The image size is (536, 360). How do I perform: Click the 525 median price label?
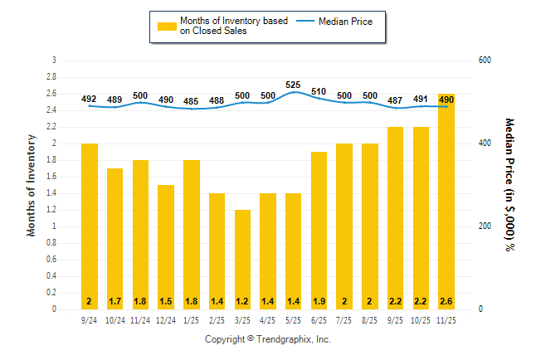(x=294, y=85)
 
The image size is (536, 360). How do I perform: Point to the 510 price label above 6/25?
(x=319, y=91)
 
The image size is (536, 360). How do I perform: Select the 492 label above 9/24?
(x=89, y=100)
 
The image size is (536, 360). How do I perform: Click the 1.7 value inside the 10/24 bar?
(x=115, y=300)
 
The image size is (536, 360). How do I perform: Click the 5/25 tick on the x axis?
(x=294, y=319)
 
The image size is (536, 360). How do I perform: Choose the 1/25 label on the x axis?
(x=191, y=319)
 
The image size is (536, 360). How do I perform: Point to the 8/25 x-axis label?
(x=371, y=319)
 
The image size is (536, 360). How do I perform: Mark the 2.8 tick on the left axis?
(x=52, y=77)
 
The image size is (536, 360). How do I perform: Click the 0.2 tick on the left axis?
(x=52, y=293)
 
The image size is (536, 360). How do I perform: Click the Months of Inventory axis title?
(x=32, y=184)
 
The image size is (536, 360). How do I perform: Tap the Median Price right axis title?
(x=509, y=184)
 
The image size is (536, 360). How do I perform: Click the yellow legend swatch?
(x=167, y=26)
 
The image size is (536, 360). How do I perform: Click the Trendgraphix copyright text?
(x=268, y=339)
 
